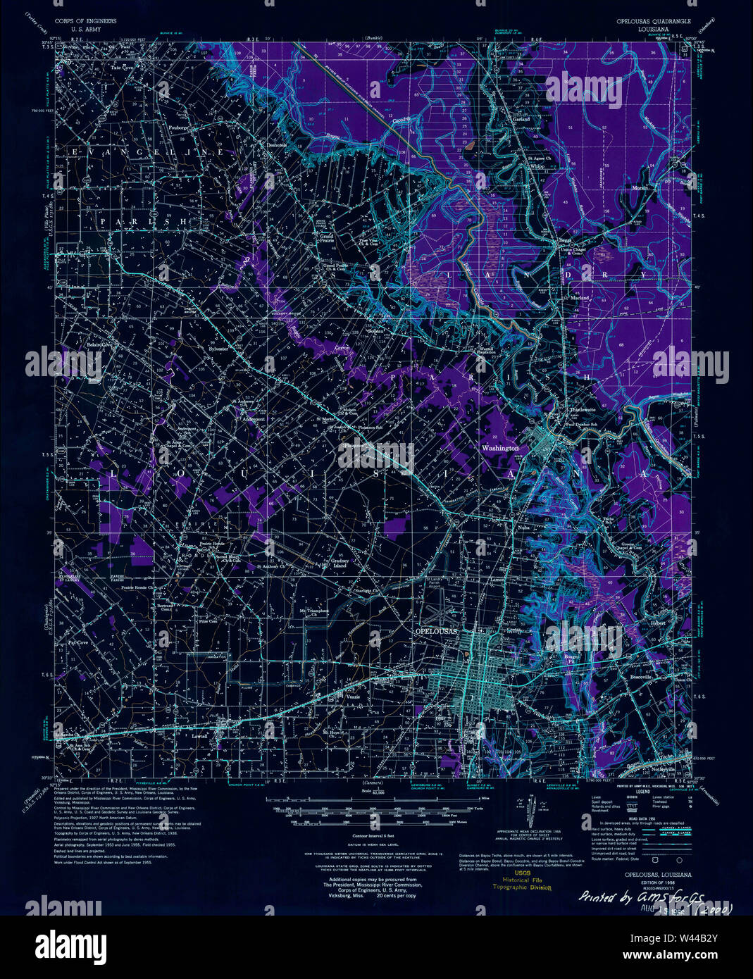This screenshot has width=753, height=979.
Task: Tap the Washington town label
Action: [x=499, y=448]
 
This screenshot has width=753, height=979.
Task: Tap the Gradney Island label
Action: [x=340, y=563]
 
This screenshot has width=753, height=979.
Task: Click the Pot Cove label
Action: [x=77, y=643]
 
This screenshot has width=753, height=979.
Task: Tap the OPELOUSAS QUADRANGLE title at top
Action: [x=653, y=22]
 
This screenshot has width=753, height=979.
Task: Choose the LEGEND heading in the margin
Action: [x=642, y=792]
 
